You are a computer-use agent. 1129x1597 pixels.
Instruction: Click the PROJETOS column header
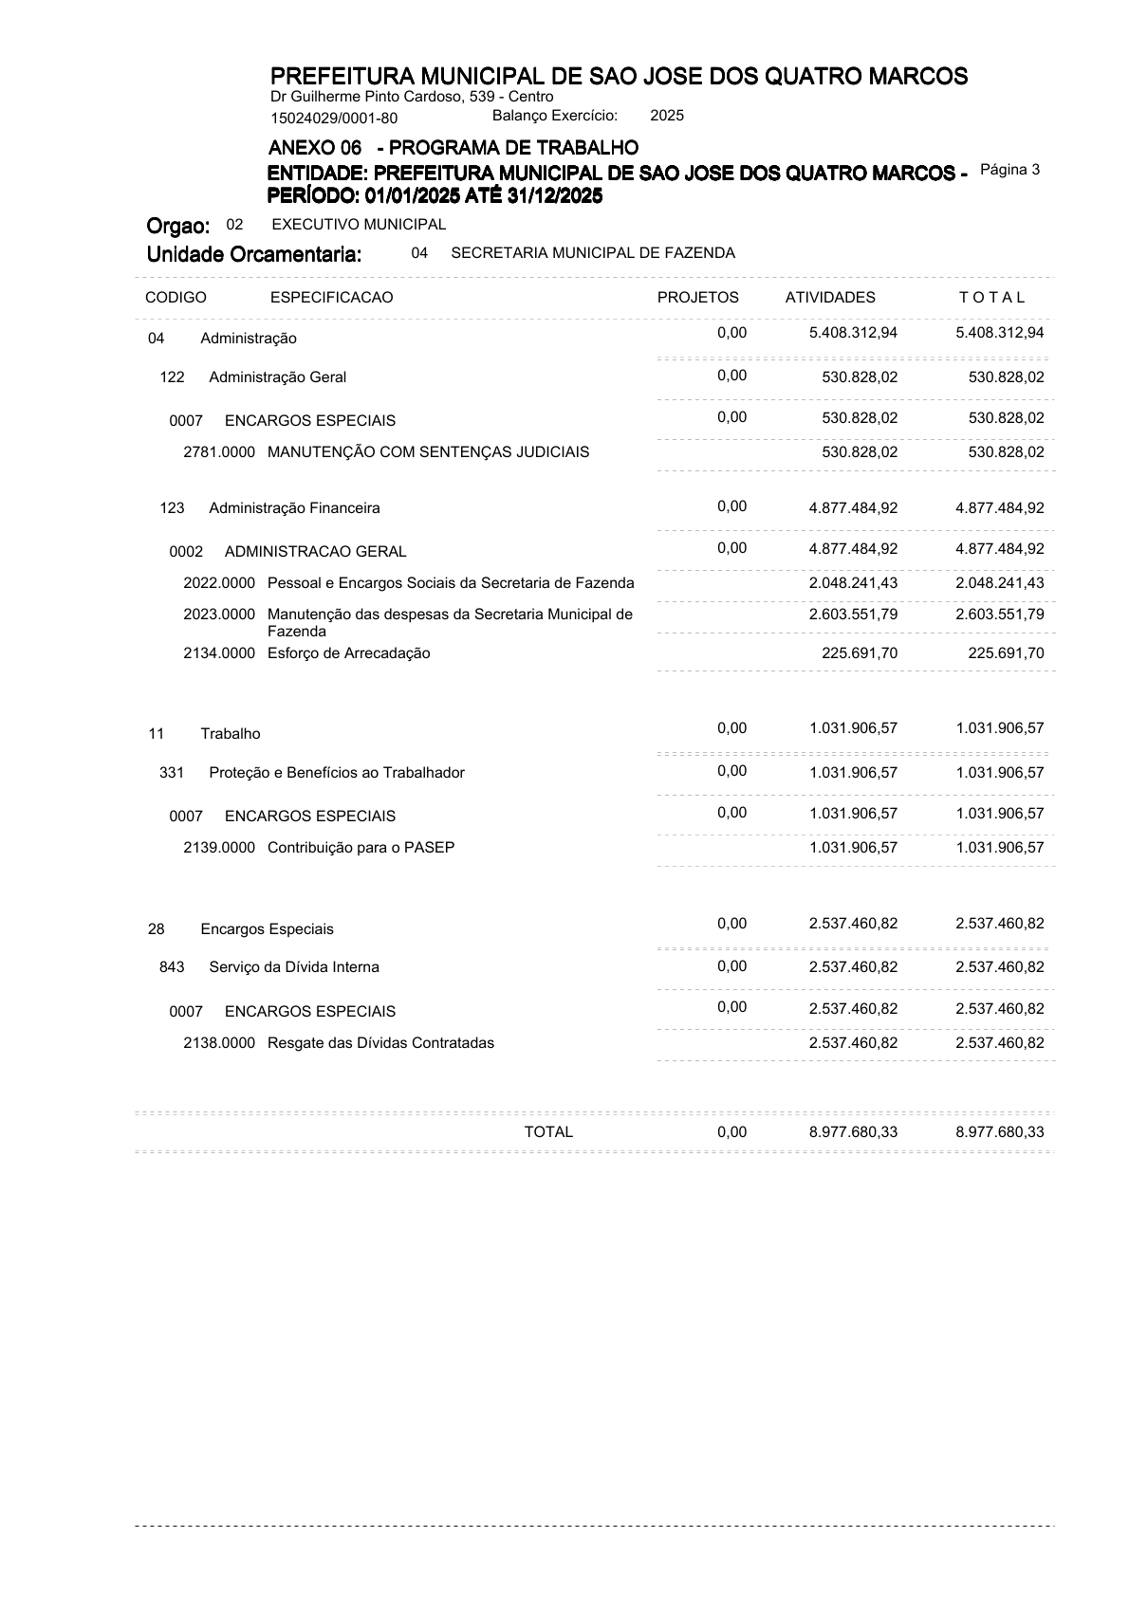pos(697,298)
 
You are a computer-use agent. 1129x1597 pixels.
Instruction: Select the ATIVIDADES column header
pos(830,298)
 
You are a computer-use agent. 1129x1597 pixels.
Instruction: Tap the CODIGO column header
pos(176,298)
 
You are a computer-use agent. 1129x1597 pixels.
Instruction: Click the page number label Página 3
pos(1009,170)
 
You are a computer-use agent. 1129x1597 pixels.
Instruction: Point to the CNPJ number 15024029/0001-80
pos(334,119)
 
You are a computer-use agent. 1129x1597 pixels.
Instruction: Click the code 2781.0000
pos(219,452)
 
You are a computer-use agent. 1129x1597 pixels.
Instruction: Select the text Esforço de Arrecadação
pos(348,653)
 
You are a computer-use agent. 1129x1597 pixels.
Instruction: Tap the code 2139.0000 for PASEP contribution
pos(219,848)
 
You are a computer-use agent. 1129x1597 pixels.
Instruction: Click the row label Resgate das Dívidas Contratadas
pos(380,1043)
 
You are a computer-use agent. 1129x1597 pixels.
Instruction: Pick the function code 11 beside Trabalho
pos(157,734)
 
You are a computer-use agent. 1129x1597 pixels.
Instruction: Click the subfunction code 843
pos(172,967)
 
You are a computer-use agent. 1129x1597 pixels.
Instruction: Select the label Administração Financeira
pos(294,508)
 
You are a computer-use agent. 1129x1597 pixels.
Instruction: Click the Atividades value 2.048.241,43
pos(853,583)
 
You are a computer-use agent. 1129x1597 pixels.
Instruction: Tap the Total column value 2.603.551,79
pos(1000,615)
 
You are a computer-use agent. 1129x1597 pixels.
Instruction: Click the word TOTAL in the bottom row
pos(548,1132)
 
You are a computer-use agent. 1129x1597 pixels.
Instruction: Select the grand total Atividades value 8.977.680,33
pos(853,1132)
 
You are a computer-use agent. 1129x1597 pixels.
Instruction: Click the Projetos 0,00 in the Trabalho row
pos(731,728)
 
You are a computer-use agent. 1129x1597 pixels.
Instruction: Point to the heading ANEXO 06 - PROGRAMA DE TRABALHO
pos(453,148)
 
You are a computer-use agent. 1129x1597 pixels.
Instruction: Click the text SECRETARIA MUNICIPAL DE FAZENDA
pos(593,253)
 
